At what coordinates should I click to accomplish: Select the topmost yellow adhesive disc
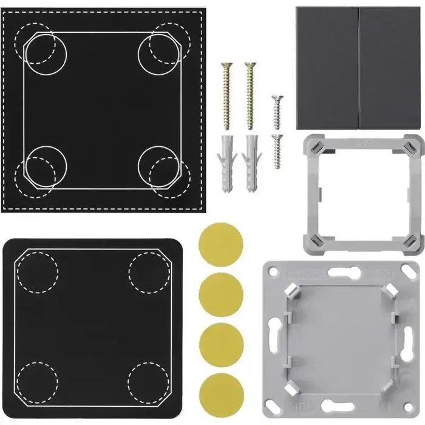221,245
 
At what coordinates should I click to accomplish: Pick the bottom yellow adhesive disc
221,390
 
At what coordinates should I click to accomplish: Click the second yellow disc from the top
221,294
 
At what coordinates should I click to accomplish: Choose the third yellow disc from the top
221,343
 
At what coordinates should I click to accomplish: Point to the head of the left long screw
227,66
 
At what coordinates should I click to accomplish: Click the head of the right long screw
249,64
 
